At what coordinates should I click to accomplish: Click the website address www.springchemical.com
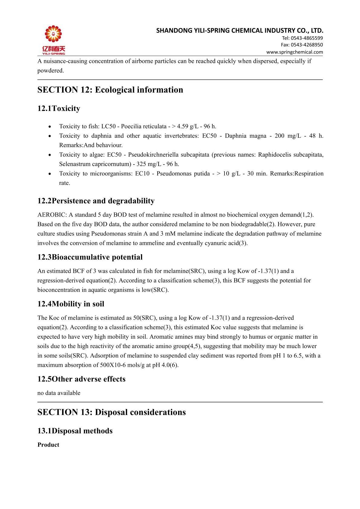click(x=294, y=52)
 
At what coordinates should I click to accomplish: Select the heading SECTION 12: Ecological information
click(x=110, y=90)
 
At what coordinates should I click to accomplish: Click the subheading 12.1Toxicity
click(x=59, y=109)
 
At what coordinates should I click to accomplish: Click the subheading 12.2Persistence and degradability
click(x=96, y=201)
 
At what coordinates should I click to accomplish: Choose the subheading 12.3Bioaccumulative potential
click(x=90, y=257)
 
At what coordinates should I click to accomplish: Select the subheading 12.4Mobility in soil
click(x=71, y=304)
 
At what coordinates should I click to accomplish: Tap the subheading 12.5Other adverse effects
click(x=81, y=379)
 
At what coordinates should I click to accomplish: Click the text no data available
click(x=59, y=393)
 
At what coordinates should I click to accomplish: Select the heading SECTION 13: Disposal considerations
click(x=112, y=412)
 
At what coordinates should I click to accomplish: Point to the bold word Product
click(x=48, y=445)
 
